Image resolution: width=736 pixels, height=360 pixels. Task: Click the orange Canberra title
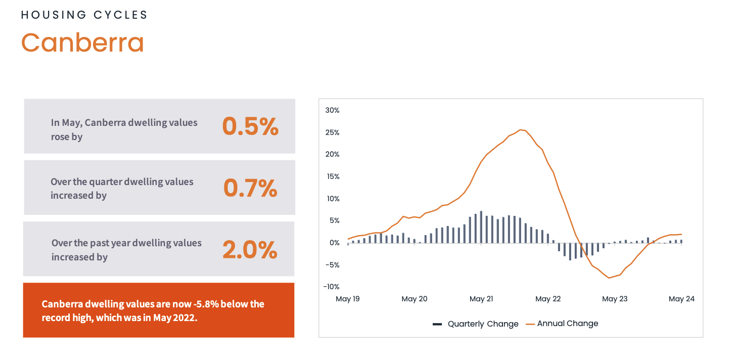coord(82,42)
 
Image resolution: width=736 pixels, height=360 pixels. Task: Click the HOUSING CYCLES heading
coord(84,15)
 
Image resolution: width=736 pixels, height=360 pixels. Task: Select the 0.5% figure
coord(250,126)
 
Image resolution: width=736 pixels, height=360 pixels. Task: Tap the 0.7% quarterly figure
coord(250,188)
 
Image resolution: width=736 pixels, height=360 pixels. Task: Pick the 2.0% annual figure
coord(250,250)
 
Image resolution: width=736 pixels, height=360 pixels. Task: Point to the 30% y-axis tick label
coord(332,110)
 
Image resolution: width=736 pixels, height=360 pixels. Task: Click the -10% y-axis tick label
coord(331,287)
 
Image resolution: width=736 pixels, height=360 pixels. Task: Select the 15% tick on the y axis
coord(332,176)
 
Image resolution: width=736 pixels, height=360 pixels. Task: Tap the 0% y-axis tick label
coord(334,243)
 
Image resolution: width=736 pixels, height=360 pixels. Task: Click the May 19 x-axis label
coord(348,299)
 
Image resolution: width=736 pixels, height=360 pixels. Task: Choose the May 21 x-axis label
coord(481,299)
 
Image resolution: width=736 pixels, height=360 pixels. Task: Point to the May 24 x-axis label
coord(681,299)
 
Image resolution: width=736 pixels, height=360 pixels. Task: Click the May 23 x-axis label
coord(615,299)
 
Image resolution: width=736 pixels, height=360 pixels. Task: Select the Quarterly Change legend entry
coord(483,324)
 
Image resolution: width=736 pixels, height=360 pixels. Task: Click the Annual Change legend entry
coord(567,324)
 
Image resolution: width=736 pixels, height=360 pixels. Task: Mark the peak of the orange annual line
coord(521,129)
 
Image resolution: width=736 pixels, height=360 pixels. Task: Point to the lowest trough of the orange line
coord(609,278)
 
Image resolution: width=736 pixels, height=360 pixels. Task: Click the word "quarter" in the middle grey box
coord(105,182)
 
